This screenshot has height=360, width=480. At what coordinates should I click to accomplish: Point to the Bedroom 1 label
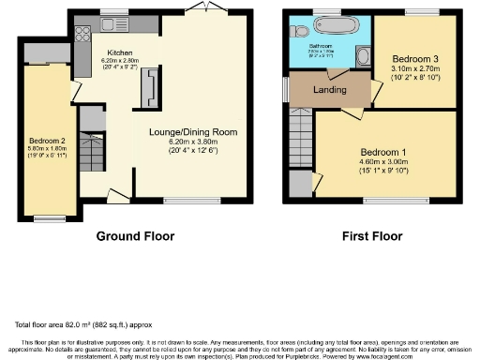click(x=384, y=152)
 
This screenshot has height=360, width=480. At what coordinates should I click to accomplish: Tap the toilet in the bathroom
click(x=299, y=31)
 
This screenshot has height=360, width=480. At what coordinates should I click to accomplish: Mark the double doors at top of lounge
click(x=198, y=8)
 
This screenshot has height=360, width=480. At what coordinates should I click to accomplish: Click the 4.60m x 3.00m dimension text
click(x=384, y=162)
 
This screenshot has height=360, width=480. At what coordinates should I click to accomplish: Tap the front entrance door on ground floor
click(x=118, y=195)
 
